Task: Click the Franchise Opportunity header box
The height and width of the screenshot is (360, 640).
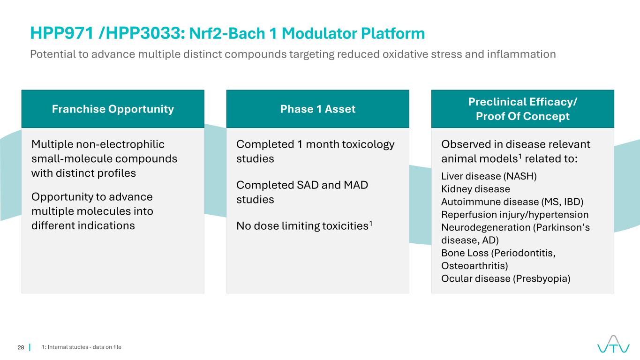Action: pyautogui.click(x=113, y=109)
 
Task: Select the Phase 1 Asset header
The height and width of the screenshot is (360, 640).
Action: pyautogui.click(x=317, y=109)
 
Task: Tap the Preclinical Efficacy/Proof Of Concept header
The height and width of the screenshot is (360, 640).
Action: pyautogui.click(x=522, y=109)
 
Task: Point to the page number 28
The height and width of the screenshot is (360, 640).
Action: pyautogui.click(x=21, y=347)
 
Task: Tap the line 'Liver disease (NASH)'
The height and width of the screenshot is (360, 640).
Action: pyautogui.click(x=489, y=177)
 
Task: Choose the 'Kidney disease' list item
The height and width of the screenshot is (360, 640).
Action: pyautogui.click(x=475, y=189)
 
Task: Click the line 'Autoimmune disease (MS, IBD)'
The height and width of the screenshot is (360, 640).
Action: pyautogui.click(x=512, y=202)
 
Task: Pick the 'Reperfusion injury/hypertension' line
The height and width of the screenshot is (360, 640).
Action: pyautogui.click(x=515, y=215)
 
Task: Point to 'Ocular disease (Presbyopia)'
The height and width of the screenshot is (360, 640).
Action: pyautogui.click(x=505, y=278)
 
